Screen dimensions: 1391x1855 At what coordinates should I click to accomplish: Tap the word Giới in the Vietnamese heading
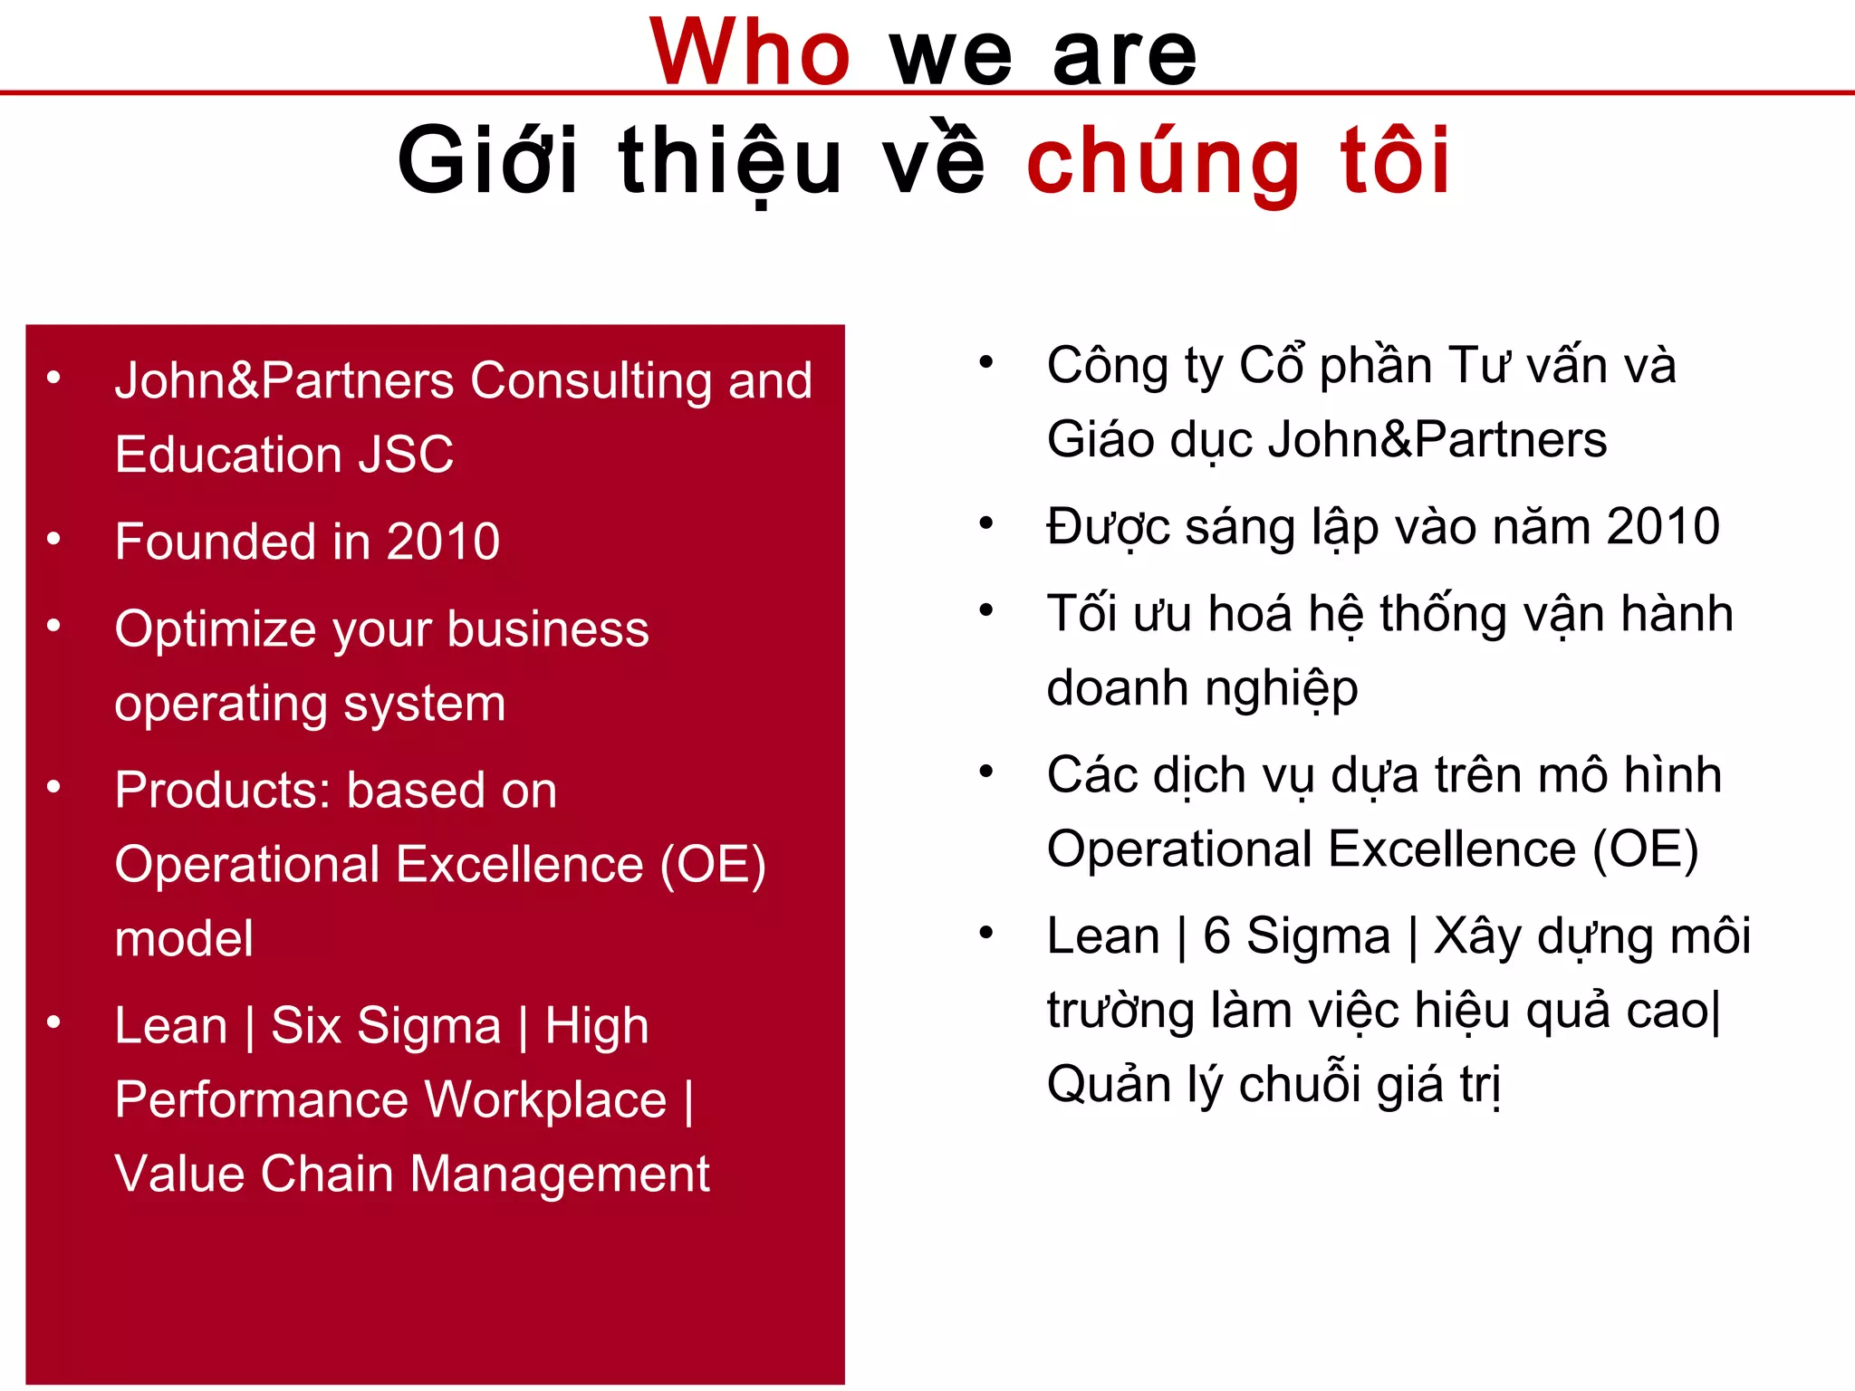coord(487,161)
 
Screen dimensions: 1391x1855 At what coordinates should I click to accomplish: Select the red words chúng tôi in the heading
coord(1238,161)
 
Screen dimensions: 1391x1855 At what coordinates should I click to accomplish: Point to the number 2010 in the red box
coord(443,542)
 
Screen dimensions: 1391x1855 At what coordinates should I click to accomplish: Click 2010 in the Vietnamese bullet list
coord(1662,526)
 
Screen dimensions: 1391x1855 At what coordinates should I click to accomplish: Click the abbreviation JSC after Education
coord(406,454)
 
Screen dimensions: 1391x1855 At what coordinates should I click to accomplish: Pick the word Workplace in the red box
coord(544,1099)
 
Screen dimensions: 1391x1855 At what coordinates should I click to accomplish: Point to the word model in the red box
coord(184,938)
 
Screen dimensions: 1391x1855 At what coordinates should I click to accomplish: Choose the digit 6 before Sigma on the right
coord(1216,935)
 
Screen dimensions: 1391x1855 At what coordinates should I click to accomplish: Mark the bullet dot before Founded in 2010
coord(54,539)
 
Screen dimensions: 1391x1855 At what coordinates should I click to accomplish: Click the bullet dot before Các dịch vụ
coord(986,772)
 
